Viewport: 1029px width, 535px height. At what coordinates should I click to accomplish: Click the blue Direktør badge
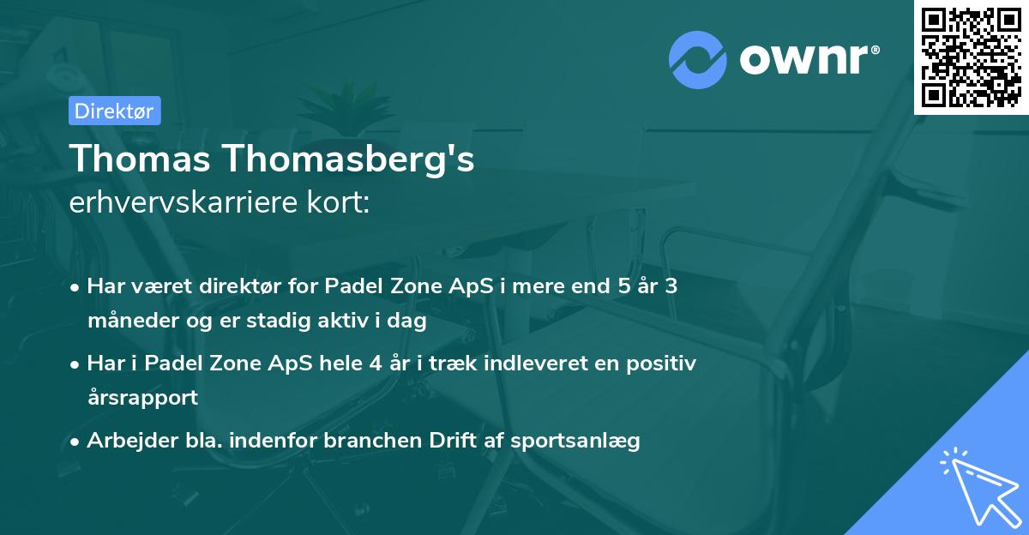pos(115,111)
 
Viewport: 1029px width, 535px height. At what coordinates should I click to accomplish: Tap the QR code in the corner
pos(971,57)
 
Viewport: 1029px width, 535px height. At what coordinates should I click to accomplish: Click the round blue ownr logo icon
pos(697,60)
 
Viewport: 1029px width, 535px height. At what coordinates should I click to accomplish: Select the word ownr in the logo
pos(804,60)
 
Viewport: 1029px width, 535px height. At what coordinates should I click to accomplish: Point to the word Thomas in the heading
pos(140,159)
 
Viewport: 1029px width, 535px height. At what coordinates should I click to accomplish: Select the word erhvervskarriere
pos(184,201)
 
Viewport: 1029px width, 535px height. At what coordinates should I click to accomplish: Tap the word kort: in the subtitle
pos(339,201)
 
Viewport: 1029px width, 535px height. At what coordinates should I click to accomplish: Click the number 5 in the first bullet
pos(624,286)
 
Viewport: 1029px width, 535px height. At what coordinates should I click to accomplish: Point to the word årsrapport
pos(143,398)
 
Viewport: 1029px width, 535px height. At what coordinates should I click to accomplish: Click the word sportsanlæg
pos(575,441)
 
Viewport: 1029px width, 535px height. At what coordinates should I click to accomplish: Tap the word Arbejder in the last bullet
pos(132,441)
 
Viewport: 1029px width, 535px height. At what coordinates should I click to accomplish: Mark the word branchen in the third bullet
pos(372,440)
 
